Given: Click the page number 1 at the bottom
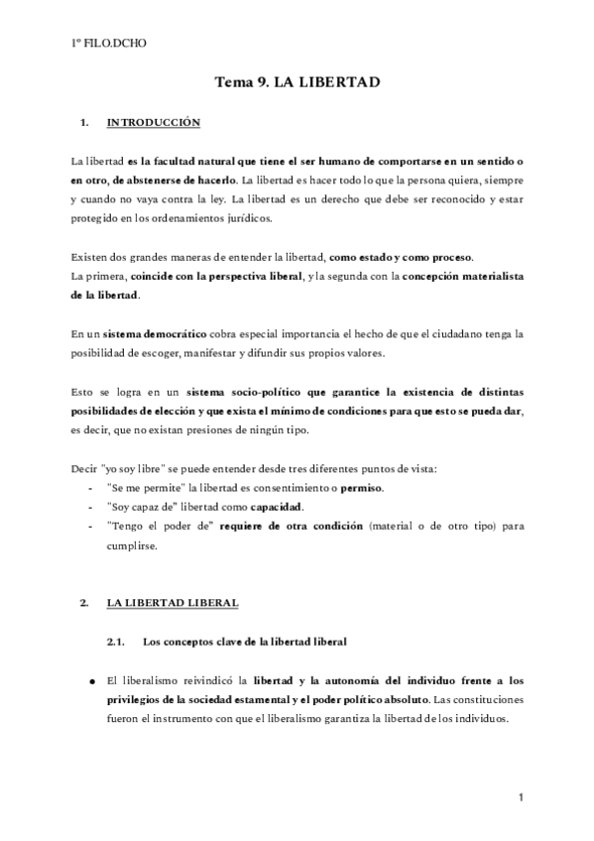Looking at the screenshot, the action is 520,796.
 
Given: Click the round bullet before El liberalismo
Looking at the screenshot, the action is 86,681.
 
